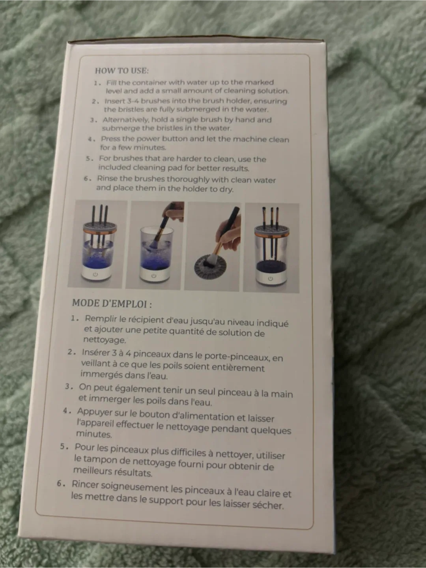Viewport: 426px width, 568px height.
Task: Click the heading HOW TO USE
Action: tap(121, 71)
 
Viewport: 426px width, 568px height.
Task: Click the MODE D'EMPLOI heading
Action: tap(112, 304)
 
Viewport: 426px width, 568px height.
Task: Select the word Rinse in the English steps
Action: tap(107, 178)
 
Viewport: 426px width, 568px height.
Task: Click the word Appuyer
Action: tap(93, 412)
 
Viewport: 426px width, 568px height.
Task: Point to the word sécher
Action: tap(270, 505)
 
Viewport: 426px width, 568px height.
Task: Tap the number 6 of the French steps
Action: tap(60, 484)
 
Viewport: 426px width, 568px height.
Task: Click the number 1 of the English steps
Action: tap(96, 83)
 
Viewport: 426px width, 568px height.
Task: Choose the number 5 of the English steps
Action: tap(89, 159)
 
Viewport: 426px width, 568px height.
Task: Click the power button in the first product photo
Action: tap(95, 274)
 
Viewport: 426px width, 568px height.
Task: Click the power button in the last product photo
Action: tap(270, 278)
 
